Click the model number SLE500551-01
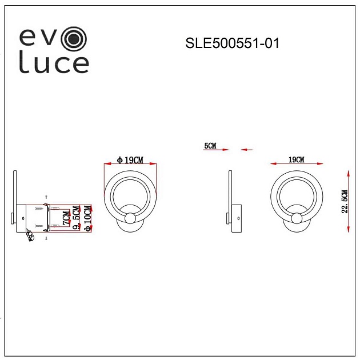[233, 43]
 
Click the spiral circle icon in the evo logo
[74, 38]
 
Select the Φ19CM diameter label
[130, 161]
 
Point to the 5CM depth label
[210, 146]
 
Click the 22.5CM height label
[344, 202]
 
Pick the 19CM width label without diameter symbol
[296, 159]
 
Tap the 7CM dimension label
[66, 218]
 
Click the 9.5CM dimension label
[77, 218]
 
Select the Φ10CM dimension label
[87, 218]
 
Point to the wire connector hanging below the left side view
[30, 236]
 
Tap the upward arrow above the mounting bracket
[47, 197]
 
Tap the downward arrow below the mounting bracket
[47, 238]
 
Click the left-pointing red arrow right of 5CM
[247, 150]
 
